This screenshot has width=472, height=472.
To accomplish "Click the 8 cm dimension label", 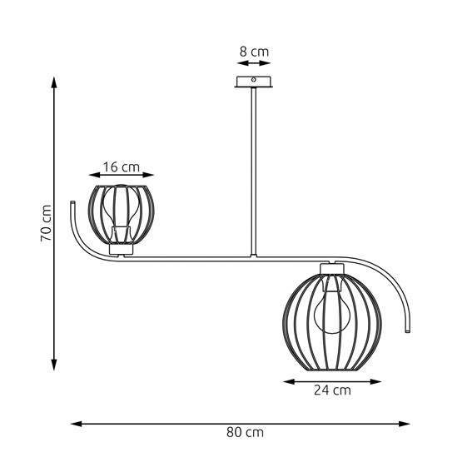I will coord(254,52).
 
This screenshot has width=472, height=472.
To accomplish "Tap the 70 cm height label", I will coord(47,223).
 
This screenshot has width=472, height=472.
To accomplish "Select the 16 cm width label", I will coord(121,166).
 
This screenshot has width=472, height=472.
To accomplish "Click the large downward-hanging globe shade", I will coord(331,318).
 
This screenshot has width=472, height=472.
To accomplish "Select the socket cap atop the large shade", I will coord(331,267).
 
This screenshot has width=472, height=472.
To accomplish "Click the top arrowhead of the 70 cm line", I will coord(54,82).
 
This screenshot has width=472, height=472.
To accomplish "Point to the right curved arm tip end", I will coord(408,330).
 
